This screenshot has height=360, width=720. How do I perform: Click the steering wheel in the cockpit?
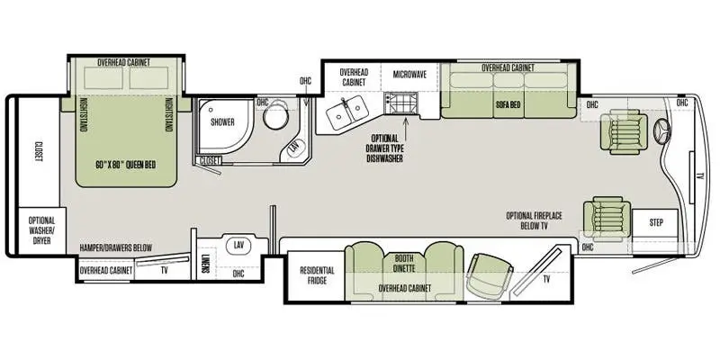coord(662,130)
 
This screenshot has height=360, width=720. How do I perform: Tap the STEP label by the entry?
coord(656,222)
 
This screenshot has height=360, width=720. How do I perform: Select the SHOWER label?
coord(222,122)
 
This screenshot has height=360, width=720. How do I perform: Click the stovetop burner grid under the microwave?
coord(399,104)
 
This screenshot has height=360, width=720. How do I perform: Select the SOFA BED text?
coord(508,104)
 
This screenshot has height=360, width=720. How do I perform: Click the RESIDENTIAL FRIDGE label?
coord(318,275)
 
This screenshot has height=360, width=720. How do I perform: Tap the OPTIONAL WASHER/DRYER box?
coord(41,230)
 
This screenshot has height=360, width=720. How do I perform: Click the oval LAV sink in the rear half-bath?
coord(238,246)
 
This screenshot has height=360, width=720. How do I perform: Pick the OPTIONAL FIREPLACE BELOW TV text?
coord(534,220)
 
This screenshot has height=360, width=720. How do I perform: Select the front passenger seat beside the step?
coord(607,219)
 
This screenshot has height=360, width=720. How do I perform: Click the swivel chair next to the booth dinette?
coord(490,276)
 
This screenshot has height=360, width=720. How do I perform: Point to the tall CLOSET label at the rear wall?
coord(38,151)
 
